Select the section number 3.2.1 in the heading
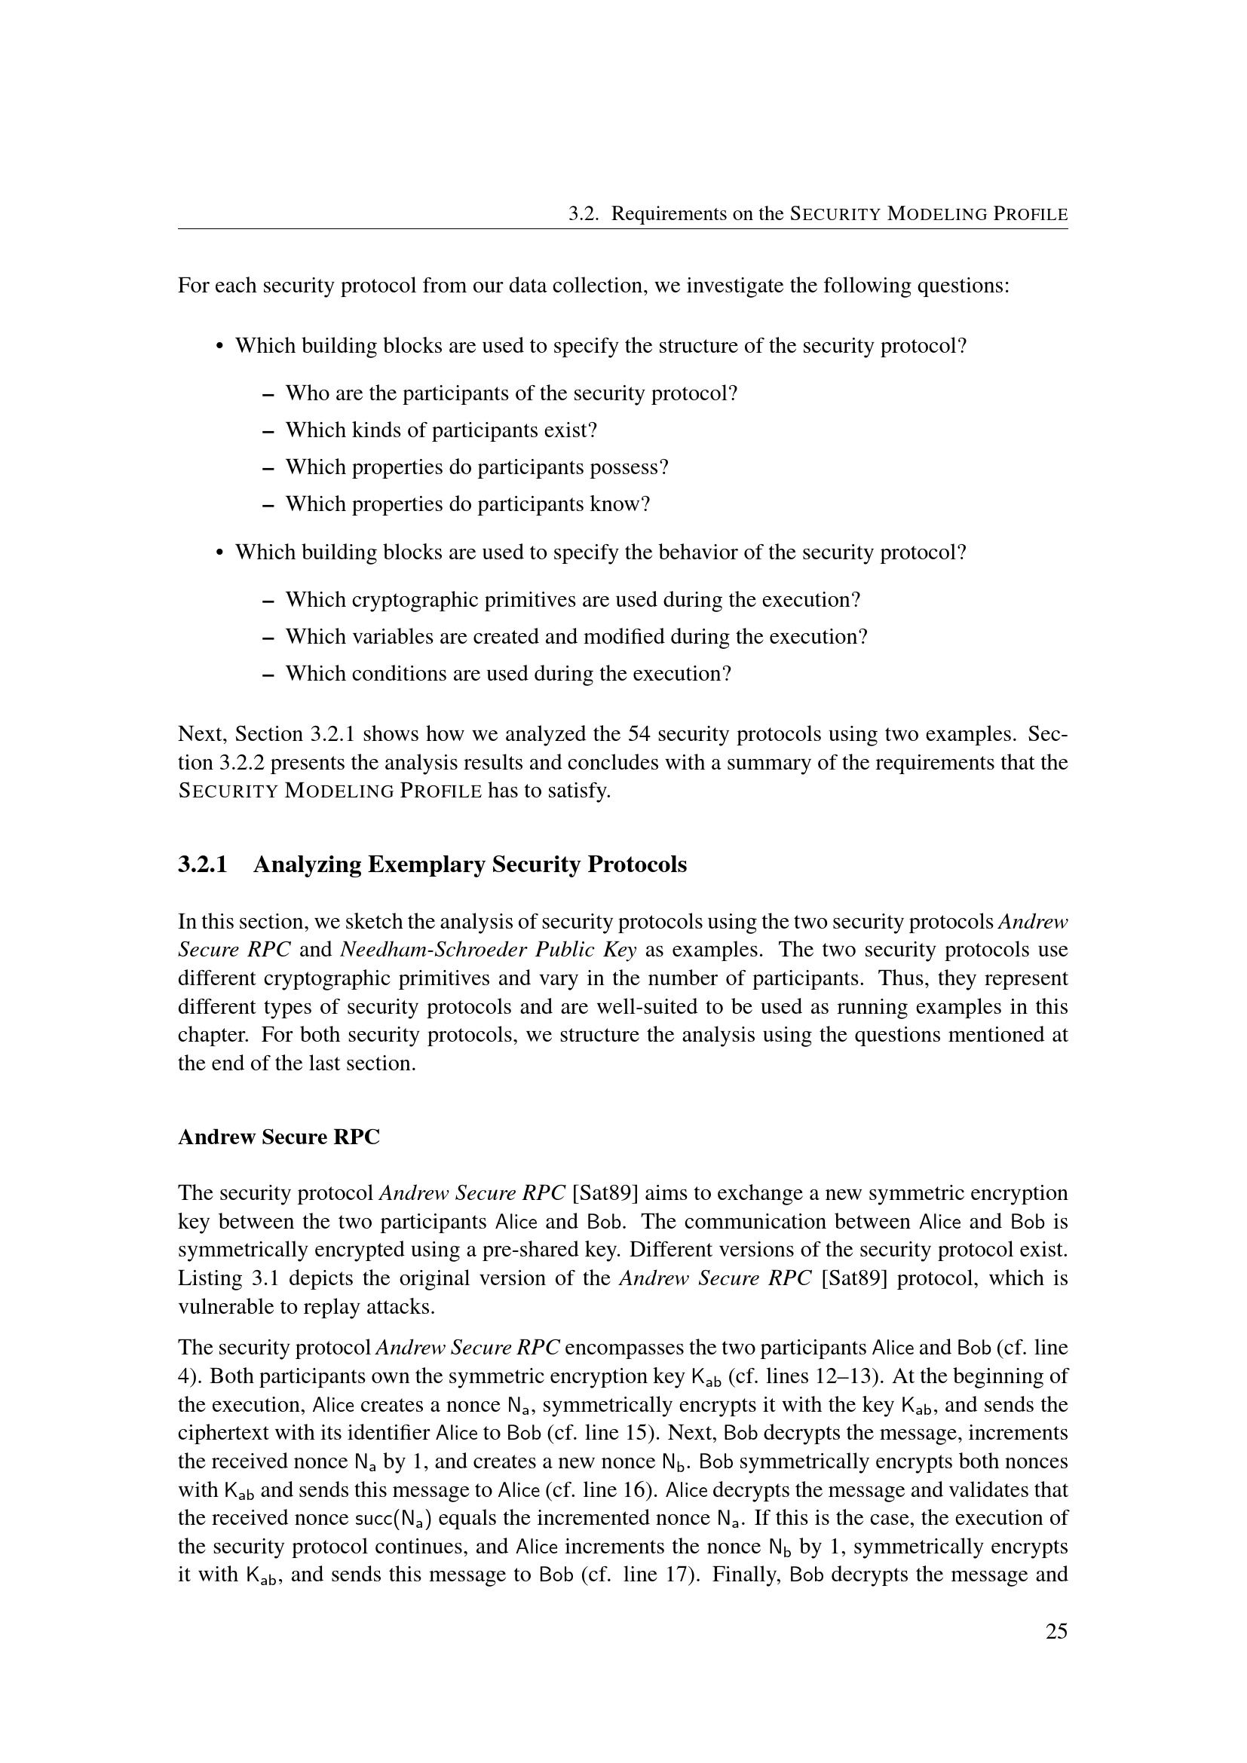click(203, 865)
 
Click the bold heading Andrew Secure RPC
click(279, 1137)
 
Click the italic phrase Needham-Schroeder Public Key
click(488, 950)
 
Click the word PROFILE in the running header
click(1030, 214)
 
